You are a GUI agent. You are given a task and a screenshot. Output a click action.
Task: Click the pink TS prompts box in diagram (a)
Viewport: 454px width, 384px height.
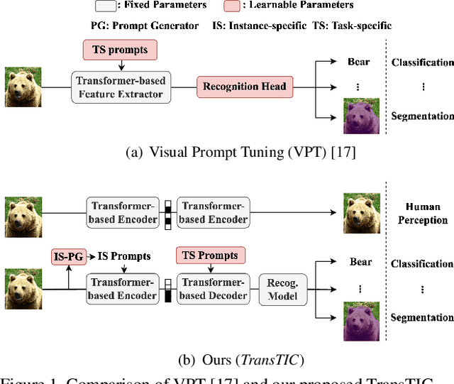point(121,50)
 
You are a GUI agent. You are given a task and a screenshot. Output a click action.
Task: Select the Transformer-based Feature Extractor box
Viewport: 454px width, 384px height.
point(121,87)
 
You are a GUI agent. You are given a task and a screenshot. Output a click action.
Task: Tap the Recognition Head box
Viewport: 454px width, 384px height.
point(244,87)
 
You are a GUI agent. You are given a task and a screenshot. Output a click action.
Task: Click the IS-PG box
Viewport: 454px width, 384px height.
point(68,256)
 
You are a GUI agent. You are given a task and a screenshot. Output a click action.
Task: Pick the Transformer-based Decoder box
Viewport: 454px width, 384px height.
point(212,289)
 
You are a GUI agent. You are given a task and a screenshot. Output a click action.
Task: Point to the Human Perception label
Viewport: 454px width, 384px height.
point(422,214)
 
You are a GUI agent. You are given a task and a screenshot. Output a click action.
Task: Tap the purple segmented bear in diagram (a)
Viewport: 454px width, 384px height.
point(362,116)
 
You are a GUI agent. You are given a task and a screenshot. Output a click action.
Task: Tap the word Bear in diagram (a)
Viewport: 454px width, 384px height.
point(359,62)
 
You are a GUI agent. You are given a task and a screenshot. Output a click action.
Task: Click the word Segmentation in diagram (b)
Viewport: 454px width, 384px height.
point(422,318)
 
